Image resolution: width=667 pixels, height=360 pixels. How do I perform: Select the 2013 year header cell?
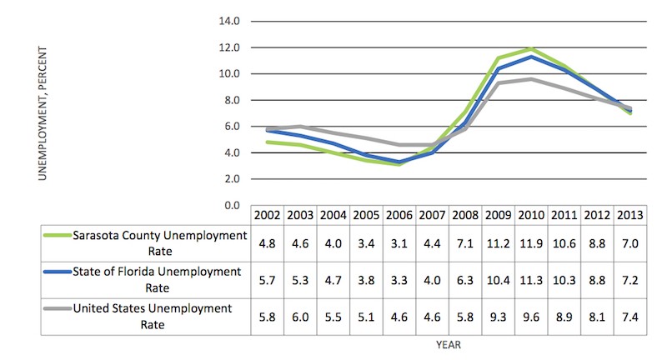[629, 214]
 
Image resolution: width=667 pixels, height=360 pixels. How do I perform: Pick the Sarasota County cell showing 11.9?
[530, 242]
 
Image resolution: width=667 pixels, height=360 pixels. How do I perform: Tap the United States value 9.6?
[530, 316]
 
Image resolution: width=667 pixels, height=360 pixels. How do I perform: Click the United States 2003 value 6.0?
[300, 316]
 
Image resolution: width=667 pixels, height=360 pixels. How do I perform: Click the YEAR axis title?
[449, 342]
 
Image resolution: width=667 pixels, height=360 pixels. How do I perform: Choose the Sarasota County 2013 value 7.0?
[629, 242]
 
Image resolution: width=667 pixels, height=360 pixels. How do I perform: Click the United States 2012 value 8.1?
[597, 316]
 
